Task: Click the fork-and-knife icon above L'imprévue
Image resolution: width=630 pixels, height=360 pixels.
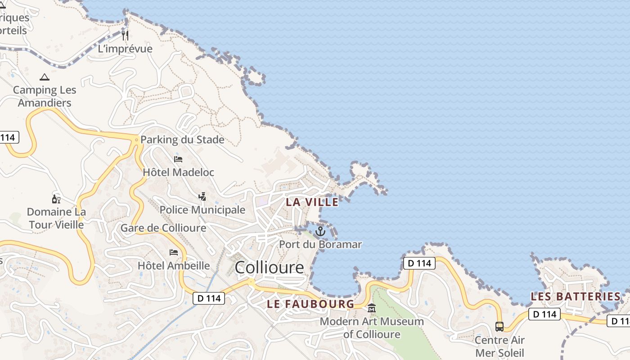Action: [125, 35]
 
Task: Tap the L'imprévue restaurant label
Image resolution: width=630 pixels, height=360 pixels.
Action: [125, 49]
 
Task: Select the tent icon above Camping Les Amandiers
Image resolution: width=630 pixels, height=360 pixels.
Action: [44, 77]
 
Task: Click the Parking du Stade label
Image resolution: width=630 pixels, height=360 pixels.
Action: [182, 139]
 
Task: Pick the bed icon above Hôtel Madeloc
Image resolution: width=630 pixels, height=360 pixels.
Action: [178, 159]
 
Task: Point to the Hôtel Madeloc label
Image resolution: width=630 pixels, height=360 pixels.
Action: [178, 172]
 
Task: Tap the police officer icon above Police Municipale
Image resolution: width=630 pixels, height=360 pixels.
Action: [202, 196]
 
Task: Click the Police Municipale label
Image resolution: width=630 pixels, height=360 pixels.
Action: [202, 210]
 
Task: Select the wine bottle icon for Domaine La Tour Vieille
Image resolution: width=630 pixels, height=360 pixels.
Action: [56, 199]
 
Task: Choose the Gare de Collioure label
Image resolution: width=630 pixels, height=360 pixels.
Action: [163, 228]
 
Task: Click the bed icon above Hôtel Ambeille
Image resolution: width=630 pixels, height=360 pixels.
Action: [174, 252]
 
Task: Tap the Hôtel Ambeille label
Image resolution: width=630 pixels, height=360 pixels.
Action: [174, 265]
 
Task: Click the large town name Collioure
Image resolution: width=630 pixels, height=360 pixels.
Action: [269, 268]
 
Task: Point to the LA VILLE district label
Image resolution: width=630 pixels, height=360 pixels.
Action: [312, 202]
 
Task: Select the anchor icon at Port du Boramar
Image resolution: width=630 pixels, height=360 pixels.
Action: [320, 231]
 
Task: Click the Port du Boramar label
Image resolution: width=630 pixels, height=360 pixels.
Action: [320, 244]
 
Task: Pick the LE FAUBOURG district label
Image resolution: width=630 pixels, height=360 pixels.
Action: [310, 304]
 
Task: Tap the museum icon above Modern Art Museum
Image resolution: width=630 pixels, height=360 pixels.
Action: [372, 308]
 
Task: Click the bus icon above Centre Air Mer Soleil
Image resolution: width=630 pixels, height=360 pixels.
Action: [499, 326]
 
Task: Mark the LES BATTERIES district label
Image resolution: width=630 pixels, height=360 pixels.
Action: [576, 297]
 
